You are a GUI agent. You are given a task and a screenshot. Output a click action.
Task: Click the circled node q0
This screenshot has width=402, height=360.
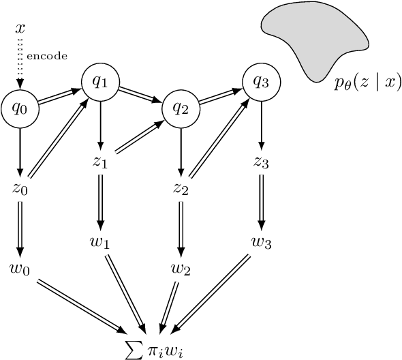(x=19, y=108)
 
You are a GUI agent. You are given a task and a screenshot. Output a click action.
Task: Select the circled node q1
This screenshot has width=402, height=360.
(x=100, y=82)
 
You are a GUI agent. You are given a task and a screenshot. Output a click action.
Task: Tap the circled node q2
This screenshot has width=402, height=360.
(x=180, y=108)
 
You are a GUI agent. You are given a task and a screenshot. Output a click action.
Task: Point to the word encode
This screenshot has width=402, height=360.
(x=46, y=57)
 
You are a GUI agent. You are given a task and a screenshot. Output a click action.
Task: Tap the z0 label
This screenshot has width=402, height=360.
(x=19, y=188)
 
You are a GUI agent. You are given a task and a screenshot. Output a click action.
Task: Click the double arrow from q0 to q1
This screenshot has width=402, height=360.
(x=59, y=95)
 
